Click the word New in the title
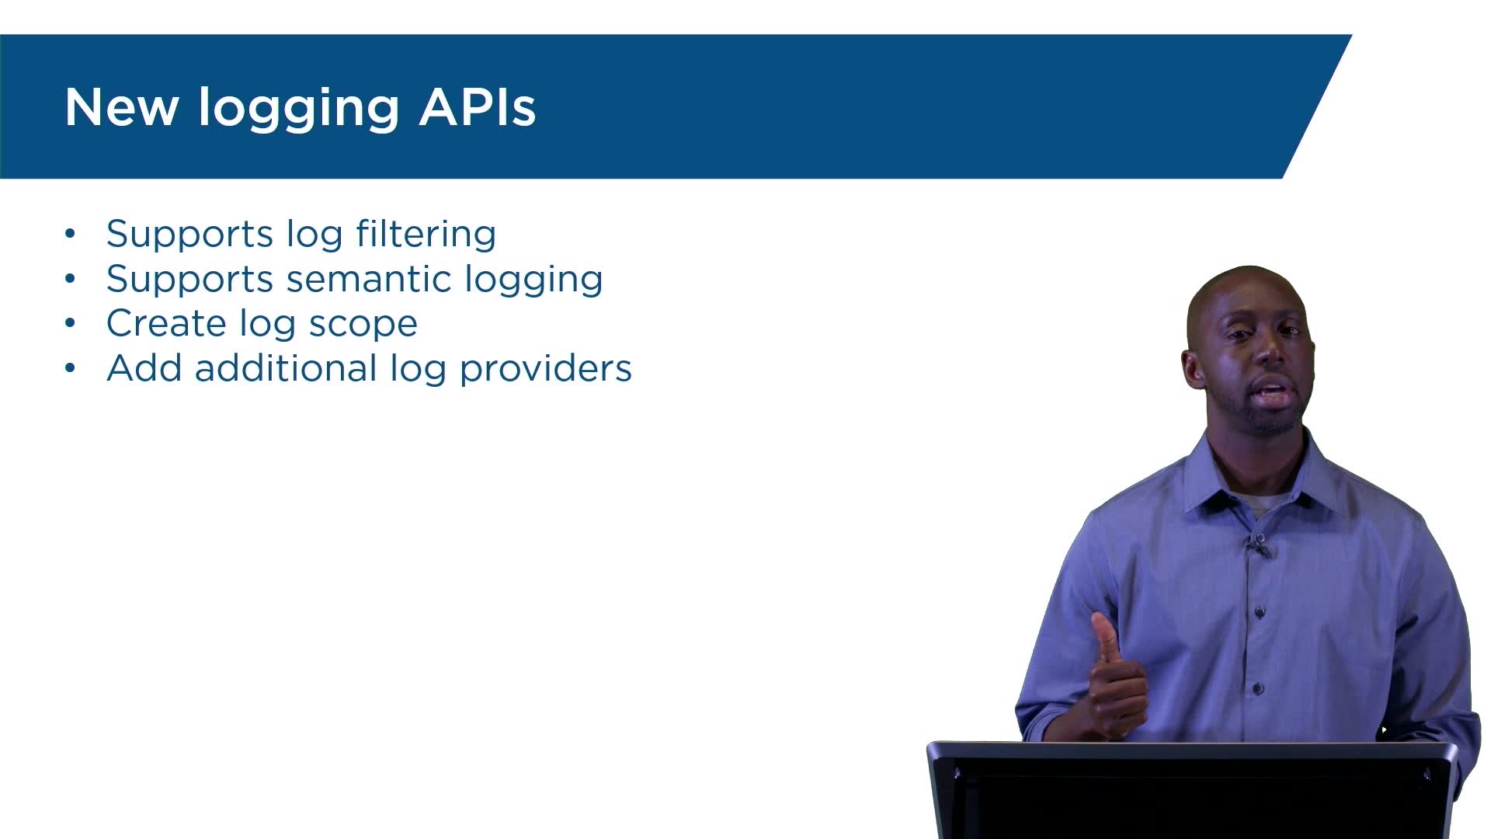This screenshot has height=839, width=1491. tap(121, 107)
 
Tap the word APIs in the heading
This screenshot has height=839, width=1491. tap(478, 107)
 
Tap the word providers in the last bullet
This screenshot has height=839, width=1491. tap(545, 371)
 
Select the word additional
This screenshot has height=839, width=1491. tap(286, 368)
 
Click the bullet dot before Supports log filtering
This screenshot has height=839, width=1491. tap(71, 233)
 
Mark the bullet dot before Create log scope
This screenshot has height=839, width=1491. tap(71, 322)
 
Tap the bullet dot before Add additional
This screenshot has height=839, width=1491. tap(71, 367)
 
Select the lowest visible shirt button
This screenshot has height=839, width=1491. tap(1258, 688)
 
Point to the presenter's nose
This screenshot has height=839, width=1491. tap(1271, 353)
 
